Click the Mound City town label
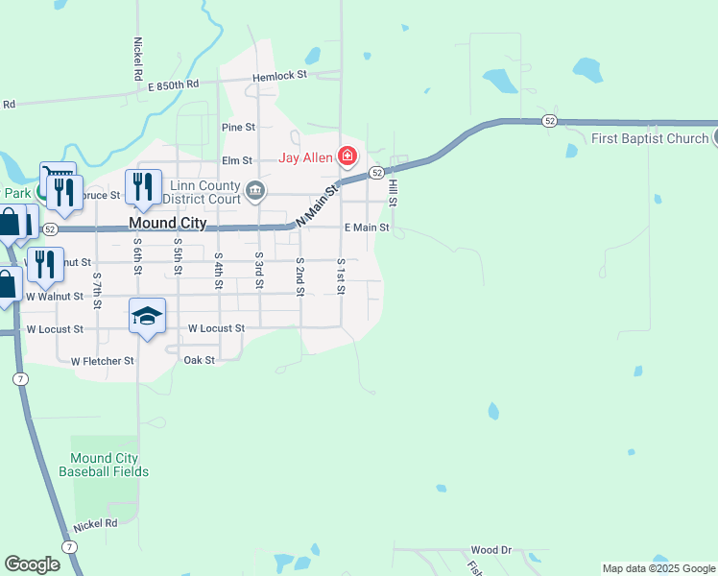coord(168,223)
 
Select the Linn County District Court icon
coord(255,189)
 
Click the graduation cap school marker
coord(147,316)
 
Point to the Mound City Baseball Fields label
coord(104,466)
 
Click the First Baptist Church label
coord(650,139)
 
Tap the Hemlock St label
coord(279,75)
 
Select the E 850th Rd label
coord(173,84)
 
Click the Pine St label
coord(238,127)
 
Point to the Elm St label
coord(236,160)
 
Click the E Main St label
coord(367,228)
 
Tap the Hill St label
coord(393,189)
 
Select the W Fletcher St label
coord(103,361)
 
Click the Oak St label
coord(199,360)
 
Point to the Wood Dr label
coord(491,550)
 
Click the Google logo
coord(32,564)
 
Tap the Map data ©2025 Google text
coord(658,568)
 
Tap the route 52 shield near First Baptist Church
coord(548,121)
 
